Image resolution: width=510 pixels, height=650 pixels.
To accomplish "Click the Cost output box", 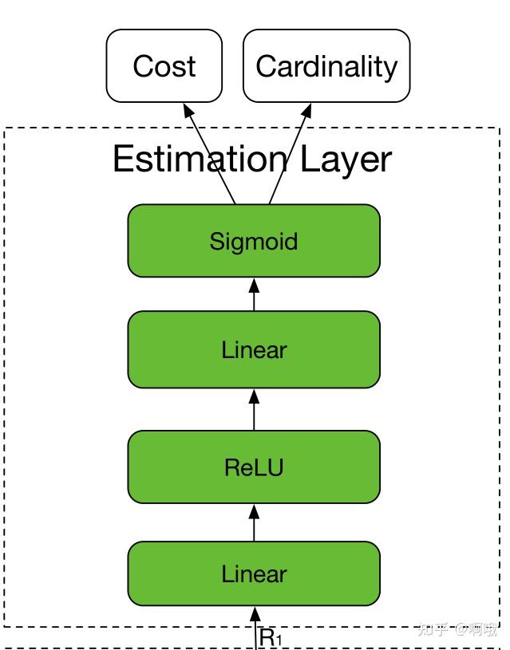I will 164,66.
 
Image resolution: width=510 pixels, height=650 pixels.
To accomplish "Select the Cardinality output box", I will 326,66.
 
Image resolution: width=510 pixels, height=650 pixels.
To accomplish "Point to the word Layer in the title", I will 346,159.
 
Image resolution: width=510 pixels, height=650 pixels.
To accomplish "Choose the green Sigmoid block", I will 254,241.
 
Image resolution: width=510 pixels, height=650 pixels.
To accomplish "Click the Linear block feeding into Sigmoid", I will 254,349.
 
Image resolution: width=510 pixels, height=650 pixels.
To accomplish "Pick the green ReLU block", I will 254,467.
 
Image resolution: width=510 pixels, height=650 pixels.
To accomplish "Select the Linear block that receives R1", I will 254,574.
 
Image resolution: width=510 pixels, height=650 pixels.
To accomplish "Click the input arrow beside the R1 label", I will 255,630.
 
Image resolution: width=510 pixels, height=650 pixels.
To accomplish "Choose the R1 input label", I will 271,638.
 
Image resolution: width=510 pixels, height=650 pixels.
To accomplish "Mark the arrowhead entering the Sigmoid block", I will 254,283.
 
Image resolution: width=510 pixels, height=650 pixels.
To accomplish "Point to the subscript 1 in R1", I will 279,641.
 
